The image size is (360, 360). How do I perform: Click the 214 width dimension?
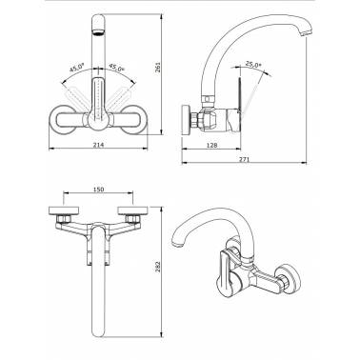point(99,145)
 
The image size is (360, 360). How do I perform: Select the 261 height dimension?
point(158,67)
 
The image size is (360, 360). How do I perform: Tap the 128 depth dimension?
point(211,145)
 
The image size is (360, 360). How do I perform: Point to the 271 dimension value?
point(245,159)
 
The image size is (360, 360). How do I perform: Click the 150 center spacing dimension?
point(99,190)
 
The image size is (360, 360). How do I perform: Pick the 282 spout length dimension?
point(158,267)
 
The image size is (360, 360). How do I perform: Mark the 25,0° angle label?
point(253,65)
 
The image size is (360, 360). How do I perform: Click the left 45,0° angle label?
point(77,68)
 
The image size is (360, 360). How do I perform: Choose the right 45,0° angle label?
point(116,68)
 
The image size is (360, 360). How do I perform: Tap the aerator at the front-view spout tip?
point(99,31)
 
